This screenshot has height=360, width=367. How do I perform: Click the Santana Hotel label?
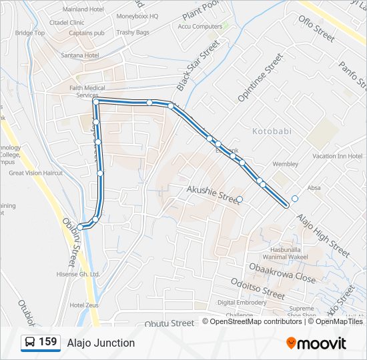point(83,55)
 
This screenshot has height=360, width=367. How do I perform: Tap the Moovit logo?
point(316,343)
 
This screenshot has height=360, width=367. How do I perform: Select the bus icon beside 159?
point(30,343)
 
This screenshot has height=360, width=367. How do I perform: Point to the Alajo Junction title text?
point(101,343)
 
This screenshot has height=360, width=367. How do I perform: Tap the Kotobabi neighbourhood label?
point(272,131)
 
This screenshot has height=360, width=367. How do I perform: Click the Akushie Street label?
point(213,195)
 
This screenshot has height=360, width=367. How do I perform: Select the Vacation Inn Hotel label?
point(337,156)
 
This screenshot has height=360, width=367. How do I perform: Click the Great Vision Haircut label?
point(35,173)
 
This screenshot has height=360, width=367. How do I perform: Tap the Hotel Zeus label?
point(84,305)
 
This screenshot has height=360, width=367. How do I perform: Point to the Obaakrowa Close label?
point(282,273)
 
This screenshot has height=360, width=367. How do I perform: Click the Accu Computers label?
point(200,27)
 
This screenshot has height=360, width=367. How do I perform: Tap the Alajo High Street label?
point(323,236)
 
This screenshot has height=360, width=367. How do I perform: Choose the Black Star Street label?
point(198,65)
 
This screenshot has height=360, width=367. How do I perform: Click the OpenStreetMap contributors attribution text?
point(256,321)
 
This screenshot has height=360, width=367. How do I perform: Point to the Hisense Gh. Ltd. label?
point(79,274)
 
